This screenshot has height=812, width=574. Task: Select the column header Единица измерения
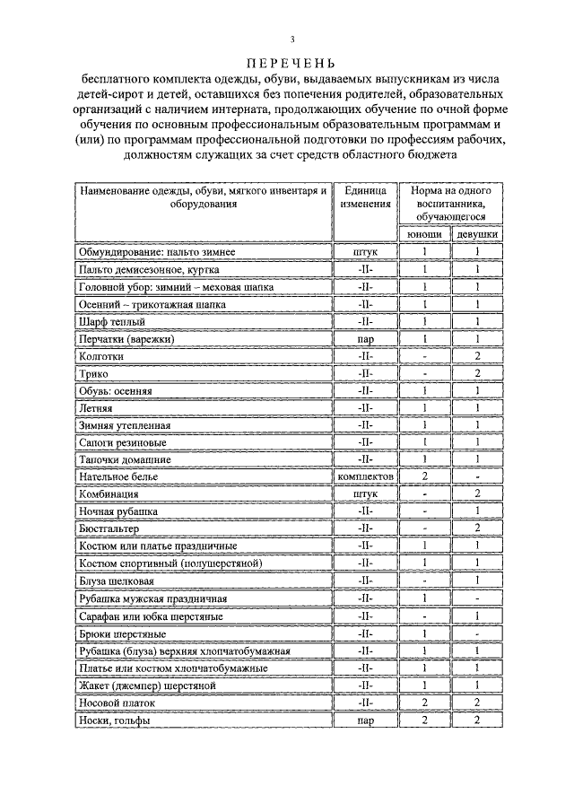[x=366, y=197]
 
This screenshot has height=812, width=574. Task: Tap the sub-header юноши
[x=424, y=234]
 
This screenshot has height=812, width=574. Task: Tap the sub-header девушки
[x=477, y=234]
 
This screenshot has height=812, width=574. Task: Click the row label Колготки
[x=100, y=356]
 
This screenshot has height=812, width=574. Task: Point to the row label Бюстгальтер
[x=109, y=529]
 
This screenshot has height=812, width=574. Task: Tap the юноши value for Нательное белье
[x=424, y=477]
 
